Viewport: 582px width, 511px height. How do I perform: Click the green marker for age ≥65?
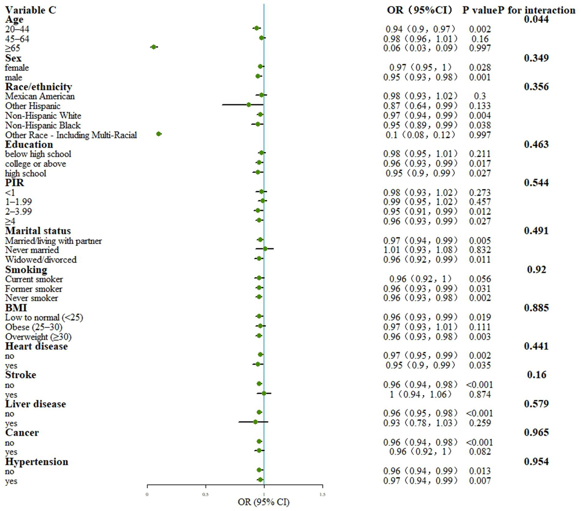(x=154, y=47)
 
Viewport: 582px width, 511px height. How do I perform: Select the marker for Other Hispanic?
(x=248, y=104)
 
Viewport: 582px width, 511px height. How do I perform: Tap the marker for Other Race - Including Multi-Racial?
(x=159, y=134)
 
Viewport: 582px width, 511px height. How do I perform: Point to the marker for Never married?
(x=265, y=249)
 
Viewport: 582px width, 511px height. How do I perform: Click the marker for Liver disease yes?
(x=256, y=422)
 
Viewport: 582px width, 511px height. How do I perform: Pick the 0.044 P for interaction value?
(x=536, y=19)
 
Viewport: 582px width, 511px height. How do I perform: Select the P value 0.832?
(x=480, y=250)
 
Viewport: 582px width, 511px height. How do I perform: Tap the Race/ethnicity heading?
(x=38, y=87)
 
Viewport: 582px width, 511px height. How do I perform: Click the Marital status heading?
(x=38, y=231)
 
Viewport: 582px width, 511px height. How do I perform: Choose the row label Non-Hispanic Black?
(x=43, y=125)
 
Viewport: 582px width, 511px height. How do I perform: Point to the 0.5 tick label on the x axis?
(x=206, y=494)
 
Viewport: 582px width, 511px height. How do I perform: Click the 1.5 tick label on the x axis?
(x=322, y=494)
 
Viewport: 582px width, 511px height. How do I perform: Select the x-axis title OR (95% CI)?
(x=264, y=502)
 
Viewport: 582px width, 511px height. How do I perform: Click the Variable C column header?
(x=30, y=10)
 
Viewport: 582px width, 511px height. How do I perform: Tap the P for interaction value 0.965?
(x=536, y=432)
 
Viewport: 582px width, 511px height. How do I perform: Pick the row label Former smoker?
(x=34, y=289)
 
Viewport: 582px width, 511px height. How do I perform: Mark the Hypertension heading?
(x=37, y=462)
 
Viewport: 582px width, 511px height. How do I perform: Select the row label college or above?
(x=36, y=164)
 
